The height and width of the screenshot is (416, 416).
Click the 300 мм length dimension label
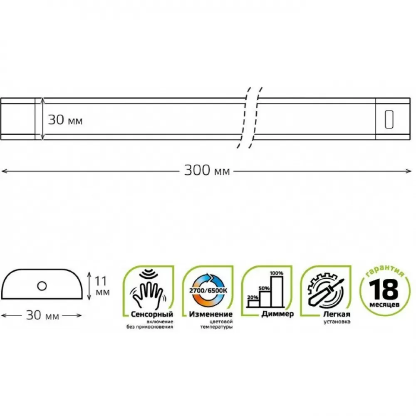click(207, 170)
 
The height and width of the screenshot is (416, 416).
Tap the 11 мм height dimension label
click(102, 286)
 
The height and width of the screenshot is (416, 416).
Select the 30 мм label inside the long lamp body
click(65, 120)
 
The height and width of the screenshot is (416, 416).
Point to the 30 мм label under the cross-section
click(42, 315)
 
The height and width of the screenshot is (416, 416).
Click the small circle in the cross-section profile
click(42, 286)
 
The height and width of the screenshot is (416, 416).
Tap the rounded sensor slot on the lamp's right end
click(389, 119)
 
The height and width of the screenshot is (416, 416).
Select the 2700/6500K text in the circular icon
click(208, 290)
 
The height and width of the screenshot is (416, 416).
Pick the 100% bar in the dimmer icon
click(277, 291)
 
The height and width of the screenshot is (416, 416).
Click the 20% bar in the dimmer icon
click(253, 304)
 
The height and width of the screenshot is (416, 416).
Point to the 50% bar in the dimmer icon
click(265, 299)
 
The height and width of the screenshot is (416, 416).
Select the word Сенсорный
click(152, 314)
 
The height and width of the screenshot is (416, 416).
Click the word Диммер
click(277, 314)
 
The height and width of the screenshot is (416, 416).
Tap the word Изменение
click(210, 314)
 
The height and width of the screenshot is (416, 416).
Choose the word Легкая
click(337, 314)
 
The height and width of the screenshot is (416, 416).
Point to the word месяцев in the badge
click(384, 305)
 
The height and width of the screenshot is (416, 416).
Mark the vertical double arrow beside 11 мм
click(89, 286)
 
